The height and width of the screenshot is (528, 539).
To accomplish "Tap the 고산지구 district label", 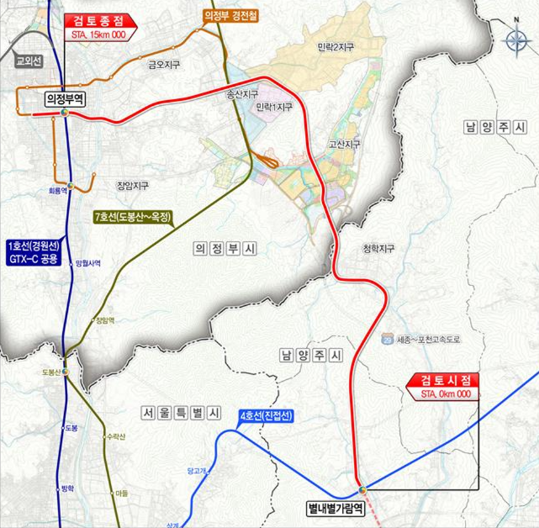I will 345,145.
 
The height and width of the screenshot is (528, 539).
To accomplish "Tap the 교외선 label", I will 29,61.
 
